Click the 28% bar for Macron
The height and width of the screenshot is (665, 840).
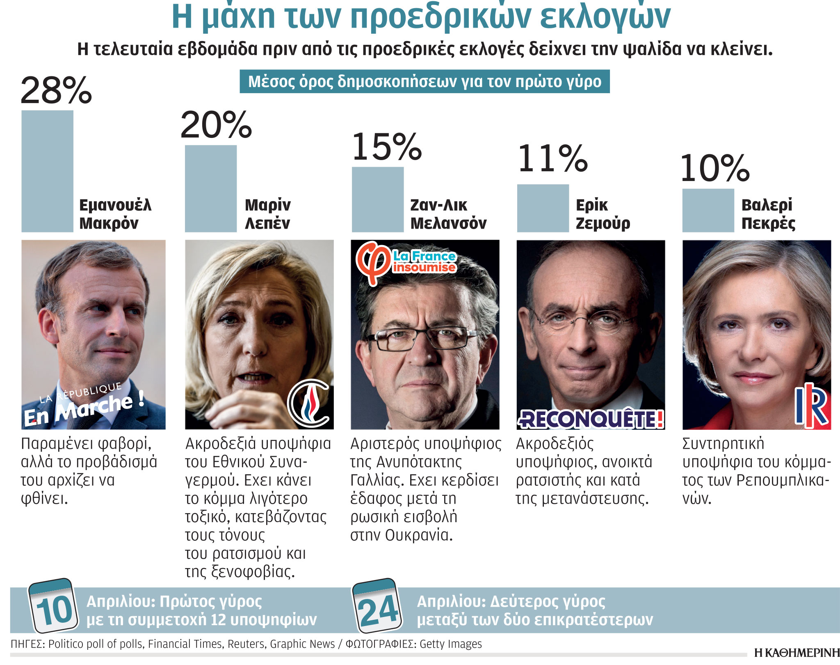[x=47, y=171]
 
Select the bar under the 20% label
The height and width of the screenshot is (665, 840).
[x=210, y=189]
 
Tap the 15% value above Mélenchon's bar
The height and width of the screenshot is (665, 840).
[x=387, y=147]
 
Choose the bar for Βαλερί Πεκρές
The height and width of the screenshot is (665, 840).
[x=708, y=211]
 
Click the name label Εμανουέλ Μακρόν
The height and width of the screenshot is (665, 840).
[x=115, y=214]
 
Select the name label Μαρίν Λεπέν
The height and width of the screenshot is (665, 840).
[x=267, y=214]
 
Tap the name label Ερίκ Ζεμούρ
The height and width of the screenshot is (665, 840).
[x=603, y=214]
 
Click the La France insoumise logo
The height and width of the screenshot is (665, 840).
[x=406, y=262]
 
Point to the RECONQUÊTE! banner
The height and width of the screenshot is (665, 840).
[x=591, y=419]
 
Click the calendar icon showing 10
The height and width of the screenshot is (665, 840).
[x=52, y=606]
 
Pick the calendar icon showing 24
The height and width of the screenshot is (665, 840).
[x=377, y=606]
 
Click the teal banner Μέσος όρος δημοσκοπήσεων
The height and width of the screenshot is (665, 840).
[x=425, y=82]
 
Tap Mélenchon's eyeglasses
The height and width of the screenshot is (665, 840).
[x=422, y=339]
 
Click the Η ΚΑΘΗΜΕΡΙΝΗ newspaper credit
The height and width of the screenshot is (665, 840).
[x=797, y=653]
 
